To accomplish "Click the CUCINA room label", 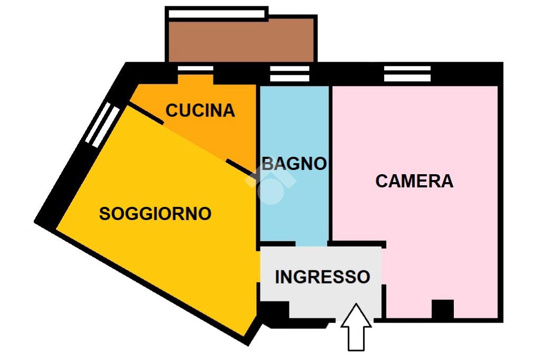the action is click(x=200, y=110).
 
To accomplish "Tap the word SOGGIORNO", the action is click(x=155, y=214).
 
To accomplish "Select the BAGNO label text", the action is click(x=294, y=164).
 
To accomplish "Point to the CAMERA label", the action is click(x=414, y=181).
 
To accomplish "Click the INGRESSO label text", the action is click(x=322, y=277).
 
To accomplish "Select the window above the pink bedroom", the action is click(x=407, y=74).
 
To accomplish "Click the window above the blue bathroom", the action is click(x=290, y=74).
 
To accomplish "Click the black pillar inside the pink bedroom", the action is click(x=442, y=309).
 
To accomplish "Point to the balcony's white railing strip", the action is click(x=217, y=13).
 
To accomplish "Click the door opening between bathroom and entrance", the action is click(x=312, y=244).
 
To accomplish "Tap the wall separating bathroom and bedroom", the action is click(x=330, y=164).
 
